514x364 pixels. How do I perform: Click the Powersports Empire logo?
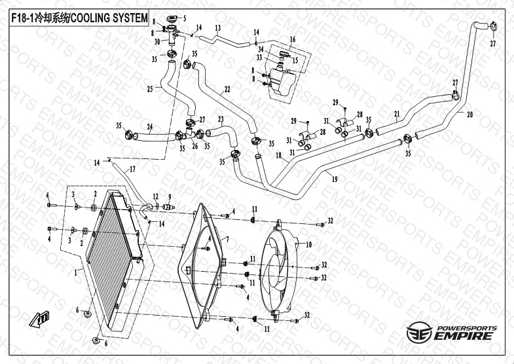[x=451, y=332]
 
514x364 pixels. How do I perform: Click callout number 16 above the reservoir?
[x=293, y=40]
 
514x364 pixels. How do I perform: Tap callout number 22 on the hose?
[x=227, y=90]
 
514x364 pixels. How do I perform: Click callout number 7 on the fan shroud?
[x=227, y=240]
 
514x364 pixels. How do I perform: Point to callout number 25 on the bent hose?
[x=150, y=88]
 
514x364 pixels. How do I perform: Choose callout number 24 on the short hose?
[x=150, y=127]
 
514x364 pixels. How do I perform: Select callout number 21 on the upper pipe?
[x=397, y=115]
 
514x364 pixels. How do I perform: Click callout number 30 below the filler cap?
[x=157, y=41]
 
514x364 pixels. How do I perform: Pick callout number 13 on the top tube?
[x=218, y=27]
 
